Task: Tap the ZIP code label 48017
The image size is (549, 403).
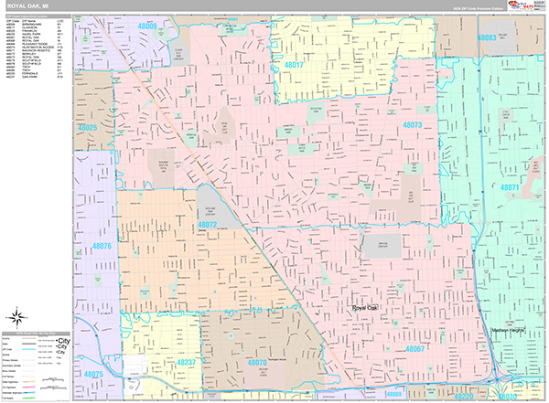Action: pyautogui.click(x=293, y=66)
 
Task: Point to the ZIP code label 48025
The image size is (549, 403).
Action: pyautogui.click(x=88, y=128)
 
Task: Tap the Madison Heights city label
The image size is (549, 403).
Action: pyautogui.click(x=511, y=330)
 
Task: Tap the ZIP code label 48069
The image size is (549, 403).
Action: pyautogui.click(x=393, y=395)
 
